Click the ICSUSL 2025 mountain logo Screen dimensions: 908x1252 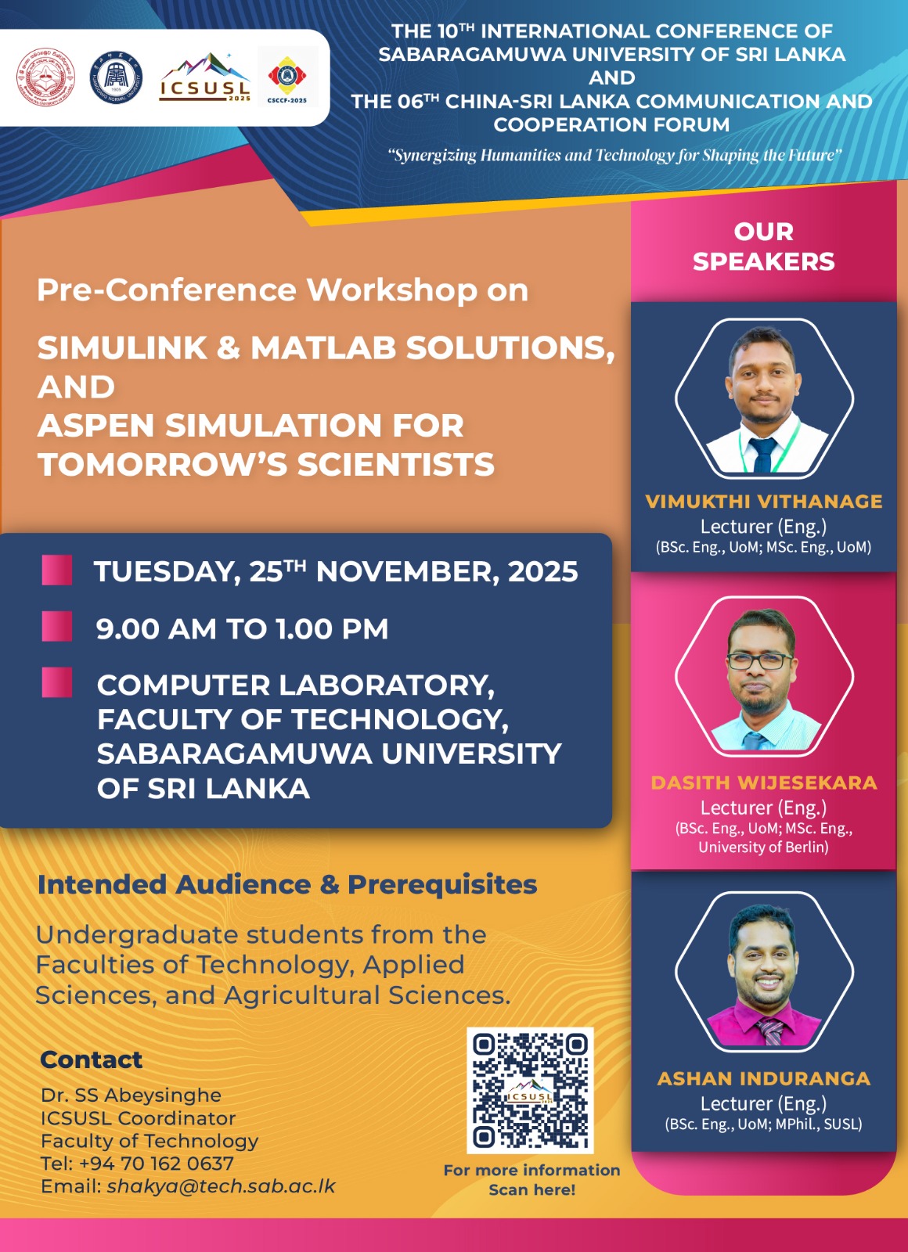(x=204, y=77)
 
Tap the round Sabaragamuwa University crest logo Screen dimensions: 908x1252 (x=46, y=77)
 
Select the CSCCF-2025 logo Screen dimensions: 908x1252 (x=287, y=78)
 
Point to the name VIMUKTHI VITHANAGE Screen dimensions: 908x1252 (x=764, y=502)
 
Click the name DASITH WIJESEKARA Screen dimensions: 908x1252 (x=764, y=782)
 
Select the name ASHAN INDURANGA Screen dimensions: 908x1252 (x=764, y=1078)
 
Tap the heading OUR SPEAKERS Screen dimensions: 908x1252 (x=764, y=246)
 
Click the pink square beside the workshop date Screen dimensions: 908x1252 (x=57, y=570)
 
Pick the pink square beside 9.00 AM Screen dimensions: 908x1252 (x=57, y=627)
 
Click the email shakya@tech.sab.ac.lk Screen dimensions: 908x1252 (x=222, y=1185)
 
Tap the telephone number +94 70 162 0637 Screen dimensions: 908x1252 (x=156, y=1163)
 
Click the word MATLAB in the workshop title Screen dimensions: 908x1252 (x=324, y=347)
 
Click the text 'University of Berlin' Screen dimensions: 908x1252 (x=763, y=847)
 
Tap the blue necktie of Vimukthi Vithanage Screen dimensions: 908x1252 (x=762, y=455)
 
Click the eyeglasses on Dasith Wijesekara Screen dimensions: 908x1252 (x=759, y=660)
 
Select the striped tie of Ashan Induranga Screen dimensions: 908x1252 (x=770, y=1031)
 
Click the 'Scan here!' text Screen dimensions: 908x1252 (x=532, y=1189)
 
